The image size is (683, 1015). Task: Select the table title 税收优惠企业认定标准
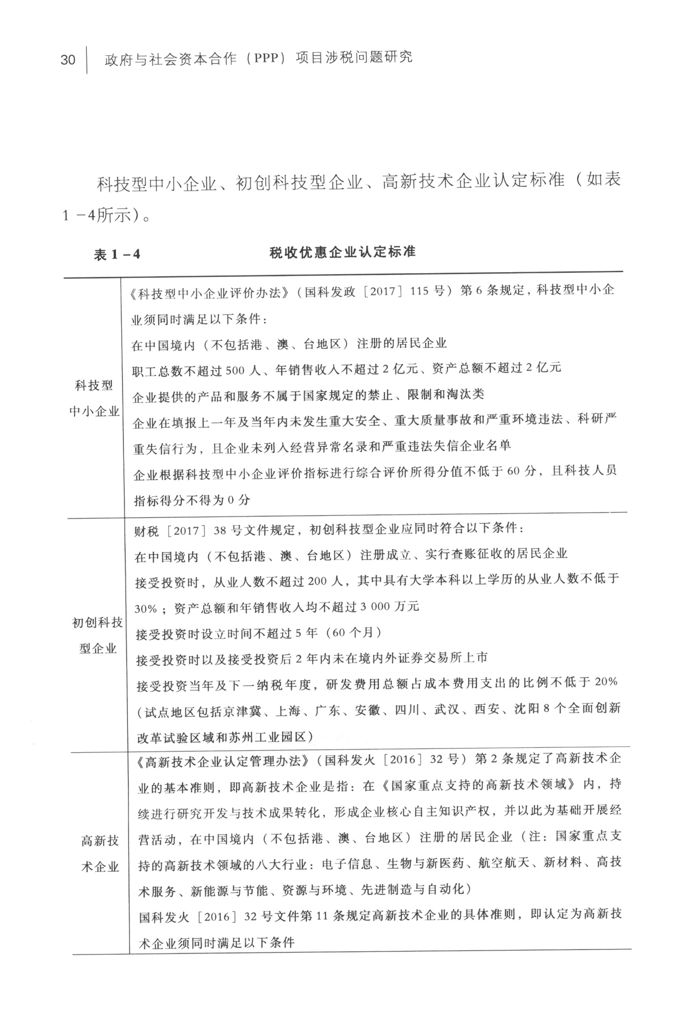(342, 252)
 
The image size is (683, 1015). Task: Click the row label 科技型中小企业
(94, 398)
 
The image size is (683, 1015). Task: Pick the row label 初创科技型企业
(97, 635)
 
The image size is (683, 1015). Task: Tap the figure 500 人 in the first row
(242, 371)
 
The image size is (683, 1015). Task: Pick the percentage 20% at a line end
(606, 682)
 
